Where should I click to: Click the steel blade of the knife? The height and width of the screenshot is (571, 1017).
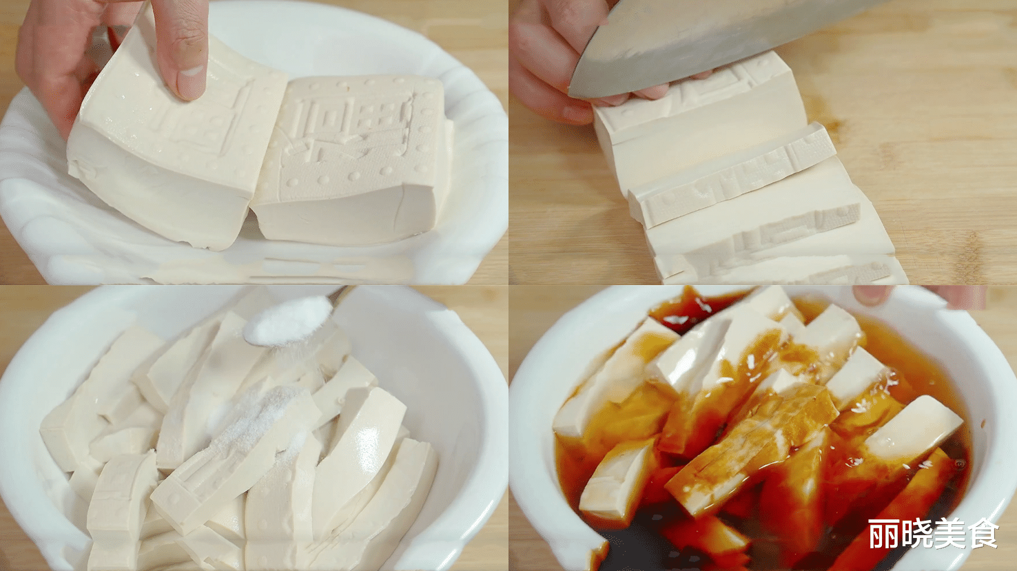(x=689, y=41)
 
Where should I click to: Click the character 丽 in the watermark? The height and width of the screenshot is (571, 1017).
(x=883, y=534)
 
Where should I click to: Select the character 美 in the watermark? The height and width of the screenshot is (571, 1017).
(x=950, y=534)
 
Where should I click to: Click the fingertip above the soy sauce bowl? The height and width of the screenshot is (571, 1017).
(x=872, y=295)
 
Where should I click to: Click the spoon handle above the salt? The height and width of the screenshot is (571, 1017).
(x=340, y=294)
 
